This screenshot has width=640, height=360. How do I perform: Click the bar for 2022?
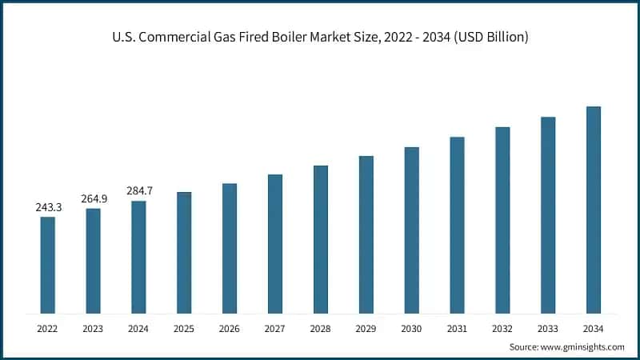click(48, 265)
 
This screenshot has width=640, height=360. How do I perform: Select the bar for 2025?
click(184, 253)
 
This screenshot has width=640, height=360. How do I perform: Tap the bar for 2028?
click(321, 239)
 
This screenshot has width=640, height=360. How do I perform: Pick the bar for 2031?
click(457, 225)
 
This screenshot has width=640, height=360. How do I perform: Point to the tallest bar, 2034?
click(594, 210)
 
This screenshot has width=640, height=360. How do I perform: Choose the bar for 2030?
click(411, 230)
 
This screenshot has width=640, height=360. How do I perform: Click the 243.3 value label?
click(48, 207)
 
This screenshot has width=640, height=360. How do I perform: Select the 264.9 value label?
click(94, 199)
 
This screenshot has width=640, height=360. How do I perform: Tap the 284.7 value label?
click(139, 191)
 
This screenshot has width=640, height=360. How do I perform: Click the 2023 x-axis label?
click(94, 328)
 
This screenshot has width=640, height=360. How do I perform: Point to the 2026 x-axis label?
click(230, 328)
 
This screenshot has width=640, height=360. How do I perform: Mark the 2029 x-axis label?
click(366, 328)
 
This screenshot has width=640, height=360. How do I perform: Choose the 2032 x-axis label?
click(502, 328)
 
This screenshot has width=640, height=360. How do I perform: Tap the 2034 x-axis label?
click(594, 328)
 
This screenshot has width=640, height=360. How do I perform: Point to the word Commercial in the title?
click(178, 38)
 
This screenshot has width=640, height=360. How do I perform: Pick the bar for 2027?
click(275, 244)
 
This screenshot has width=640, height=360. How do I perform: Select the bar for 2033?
click(548, 215)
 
